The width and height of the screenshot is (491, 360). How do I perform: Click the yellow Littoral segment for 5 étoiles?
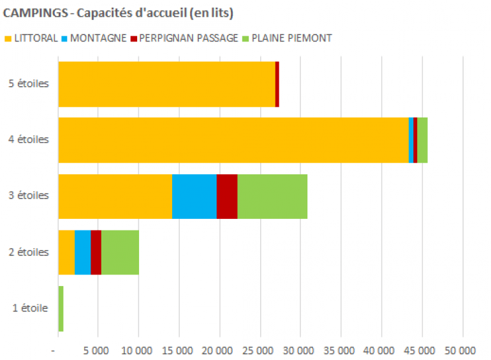166,84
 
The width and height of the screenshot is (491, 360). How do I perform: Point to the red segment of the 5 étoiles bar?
277,84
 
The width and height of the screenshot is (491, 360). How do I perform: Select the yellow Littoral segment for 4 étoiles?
233,140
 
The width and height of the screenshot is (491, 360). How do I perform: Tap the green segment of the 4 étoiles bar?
422,140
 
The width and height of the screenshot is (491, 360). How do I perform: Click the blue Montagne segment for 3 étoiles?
194,196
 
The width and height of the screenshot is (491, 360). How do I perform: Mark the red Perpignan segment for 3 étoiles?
226,196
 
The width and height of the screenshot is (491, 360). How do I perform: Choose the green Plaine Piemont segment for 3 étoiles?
272,196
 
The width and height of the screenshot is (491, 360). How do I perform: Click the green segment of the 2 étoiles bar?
120,252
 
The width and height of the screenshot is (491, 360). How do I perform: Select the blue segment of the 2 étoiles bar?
82,252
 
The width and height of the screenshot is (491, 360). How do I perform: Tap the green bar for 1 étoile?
61,308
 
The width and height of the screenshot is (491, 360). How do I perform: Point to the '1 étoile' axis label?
30,308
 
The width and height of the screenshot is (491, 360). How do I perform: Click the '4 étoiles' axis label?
30,140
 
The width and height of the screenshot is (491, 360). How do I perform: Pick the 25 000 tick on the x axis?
260,350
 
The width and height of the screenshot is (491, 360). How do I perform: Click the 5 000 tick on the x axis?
98,350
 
